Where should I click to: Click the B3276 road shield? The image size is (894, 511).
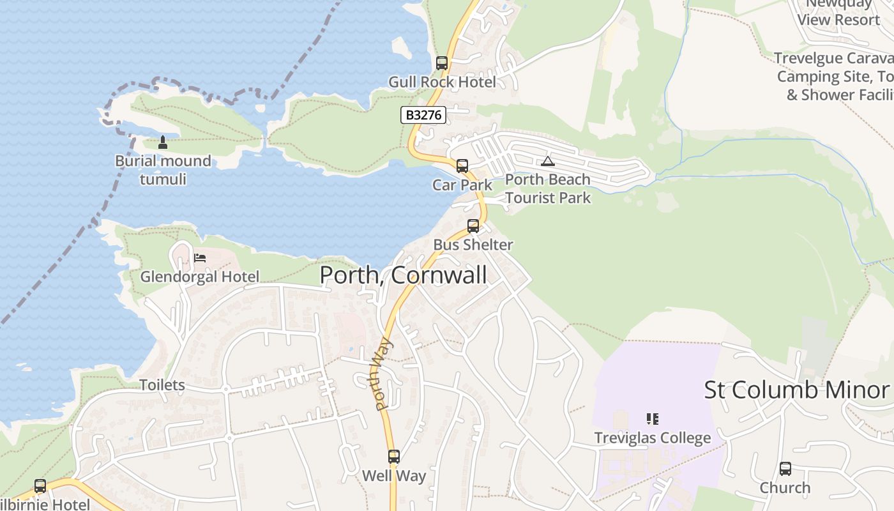point(423,115)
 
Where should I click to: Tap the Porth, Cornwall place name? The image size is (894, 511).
point(403,275)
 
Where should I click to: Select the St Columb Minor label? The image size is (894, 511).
point(796,390)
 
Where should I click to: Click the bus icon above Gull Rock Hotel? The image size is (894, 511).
point(442,63)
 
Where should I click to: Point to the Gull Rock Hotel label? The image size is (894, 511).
point(442,82)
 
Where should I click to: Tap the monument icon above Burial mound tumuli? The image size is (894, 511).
point(163,142)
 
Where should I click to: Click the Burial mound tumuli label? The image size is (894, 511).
point(163,170)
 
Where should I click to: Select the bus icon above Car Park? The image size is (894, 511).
point(462,166)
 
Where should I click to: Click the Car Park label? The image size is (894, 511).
point(462,185)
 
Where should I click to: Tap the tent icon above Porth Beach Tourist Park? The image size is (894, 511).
point(548,161)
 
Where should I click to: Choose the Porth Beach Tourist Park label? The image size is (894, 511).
point(548,188)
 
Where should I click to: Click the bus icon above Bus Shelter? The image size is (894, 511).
point(473,225)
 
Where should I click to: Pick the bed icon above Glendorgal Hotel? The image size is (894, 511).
point(200,258)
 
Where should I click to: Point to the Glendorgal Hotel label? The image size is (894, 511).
point(200,277)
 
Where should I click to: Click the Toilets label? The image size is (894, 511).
point(162,385)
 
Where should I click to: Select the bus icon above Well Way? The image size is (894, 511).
point(394,457)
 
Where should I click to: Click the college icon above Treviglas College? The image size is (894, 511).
point(653,419)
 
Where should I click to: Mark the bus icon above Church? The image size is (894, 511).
point(785,469)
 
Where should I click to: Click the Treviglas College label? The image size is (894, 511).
point(653,438)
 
